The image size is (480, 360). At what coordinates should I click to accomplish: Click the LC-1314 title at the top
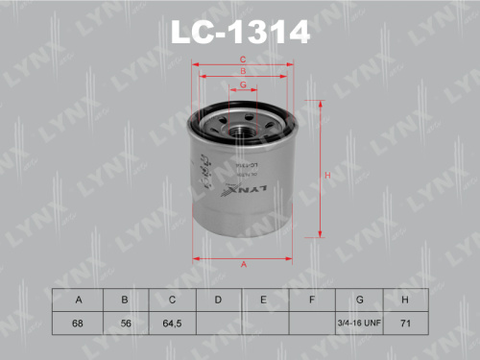point(240,33)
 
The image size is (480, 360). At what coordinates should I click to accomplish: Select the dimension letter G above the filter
point(243,84)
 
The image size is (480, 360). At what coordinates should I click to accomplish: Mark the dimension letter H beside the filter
point(326,175)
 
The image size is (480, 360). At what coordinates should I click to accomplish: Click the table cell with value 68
point(77,324)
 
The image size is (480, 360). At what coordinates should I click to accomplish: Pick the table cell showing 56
point(124,324)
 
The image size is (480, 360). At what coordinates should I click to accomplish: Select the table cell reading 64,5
point(171,324)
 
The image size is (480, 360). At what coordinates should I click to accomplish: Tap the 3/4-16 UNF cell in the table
point(359,324)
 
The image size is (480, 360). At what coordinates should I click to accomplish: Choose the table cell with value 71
point(406,324)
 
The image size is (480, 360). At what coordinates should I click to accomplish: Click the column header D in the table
point(218,300)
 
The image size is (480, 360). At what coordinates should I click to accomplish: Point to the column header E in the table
point(265,300)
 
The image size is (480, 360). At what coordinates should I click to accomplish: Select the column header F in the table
point(312,300)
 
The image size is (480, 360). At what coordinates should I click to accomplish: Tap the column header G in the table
point(359,300)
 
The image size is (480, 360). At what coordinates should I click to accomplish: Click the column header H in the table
point(406,300)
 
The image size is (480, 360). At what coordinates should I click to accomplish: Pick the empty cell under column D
point(218,324)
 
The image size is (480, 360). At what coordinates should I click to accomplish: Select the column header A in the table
point(77,300)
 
